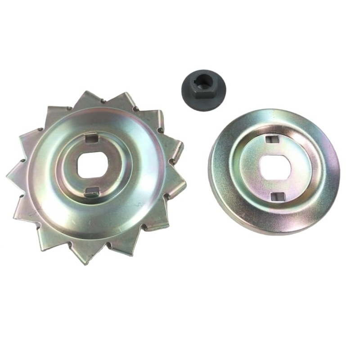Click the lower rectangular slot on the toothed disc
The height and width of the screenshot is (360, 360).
point(92,191)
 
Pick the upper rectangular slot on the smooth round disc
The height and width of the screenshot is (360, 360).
point(271,139)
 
